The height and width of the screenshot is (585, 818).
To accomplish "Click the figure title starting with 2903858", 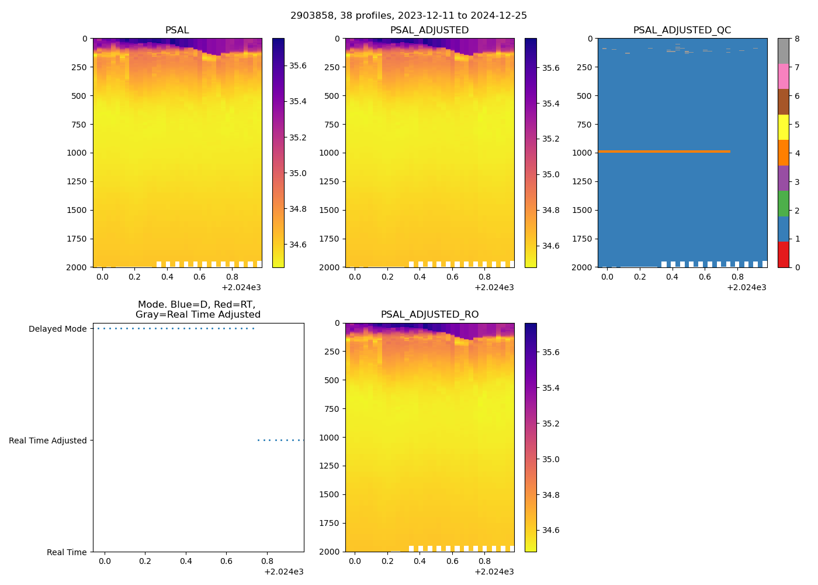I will [x=408, y=16].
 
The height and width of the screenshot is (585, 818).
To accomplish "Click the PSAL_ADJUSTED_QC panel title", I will [x=682, y=30].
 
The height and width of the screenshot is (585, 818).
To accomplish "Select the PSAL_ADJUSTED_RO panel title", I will [x=429, y=315].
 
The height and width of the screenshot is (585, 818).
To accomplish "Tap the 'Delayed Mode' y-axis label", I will [x=57, y=329].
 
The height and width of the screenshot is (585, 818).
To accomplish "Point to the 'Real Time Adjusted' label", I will [x=47, y=441].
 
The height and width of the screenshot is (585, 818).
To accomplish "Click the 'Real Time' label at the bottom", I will [x=67, y=552].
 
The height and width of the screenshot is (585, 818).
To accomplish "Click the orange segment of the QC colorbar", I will [x=783, y=153].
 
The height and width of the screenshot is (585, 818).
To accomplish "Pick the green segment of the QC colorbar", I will [x=783, y=204].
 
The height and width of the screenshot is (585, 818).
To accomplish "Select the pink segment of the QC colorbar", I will [x=783, y=77].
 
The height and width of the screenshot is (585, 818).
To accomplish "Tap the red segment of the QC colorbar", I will [x=783, y=254].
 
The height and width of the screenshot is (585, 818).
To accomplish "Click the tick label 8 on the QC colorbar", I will [x=797, y=39].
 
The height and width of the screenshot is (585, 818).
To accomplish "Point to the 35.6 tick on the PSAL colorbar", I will [x=297, y=66].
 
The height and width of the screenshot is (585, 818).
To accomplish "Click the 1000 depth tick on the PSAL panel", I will [x=77, y=153].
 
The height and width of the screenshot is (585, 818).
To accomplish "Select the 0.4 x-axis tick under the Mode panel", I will [x=186, y=562].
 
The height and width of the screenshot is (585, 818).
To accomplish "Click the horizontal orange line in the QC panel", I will [x=664, y=152].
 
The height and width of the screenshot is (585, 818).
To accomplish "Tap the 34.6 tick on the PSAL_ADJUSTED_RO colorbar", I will [x=550, y=530].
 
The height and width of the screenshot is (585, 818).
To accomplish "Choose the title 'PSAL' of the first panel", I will [x=177, y=30].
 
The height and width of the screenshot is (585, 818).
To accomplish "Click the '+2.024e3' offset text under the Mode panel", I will [x=283, y=572].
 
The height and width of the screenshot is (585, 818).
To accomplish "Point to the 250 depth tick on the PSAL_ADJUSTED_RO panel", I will [x=331, y=352].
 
